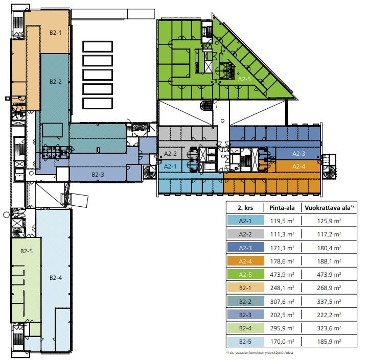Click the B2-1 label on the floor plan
(x=55, y=32)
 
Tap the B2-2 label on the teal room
(x=55, y=82)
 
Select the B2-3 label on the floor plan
(x=98, y=175)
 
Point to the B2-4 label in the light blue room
(x=56, y=278)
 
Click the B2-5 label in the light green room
(x=27, y=251)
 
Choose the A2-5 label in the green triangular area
(x=244, y=79)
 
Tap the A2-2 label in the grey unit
(x=170, y=154)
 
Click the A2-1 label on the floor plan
(x=170, y=166)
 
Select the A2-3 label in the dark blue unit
(x=298, y=154)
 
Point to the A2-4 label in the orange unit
(x=298, y=166)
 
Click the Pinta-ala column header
(x=282, y=208)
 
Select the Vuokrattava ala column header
(x=329, y=208)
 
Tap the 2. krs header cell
(x=245, y=208)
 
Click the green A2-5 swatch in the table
(x=245, y=274)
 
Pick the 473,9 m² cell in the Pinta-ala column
(x=282, y=274)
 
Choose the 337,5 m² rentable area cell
(x=329, y=301)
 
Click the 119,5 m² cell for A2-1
(x=282, y=221)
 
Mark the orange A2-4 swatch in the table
(x=245, y=261)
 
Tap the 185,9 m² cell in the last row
(x=329, y=342)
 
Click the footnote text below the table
(x=260, y=352)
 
